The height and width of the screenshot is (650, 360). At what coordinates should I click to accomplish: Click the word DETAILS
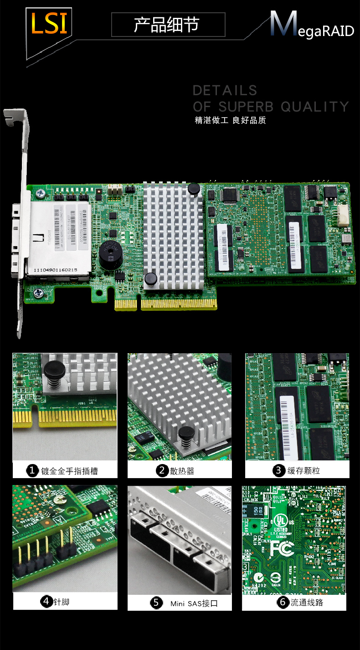point(225,90)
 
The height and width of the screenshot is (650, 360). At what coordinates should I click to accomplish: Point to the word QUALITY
point(314,107)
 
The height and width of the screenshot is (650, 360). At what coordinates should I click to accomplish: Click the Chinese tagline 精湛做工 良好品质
point(230,120)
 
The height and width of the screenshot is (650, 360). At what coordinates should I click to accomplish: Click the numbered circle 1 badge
point(32,470)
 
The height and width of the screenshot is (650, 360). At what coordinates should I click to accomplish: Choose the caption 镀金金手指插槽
point(69,471)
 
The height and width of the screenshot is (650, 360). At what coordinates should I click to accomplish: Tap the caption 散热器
point(182,471)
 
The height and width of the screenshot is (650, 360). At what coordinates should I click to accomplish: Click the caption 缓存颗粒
point(303,471)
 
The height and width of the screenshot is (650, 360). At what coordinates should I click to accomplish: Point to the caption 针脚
point(62,602)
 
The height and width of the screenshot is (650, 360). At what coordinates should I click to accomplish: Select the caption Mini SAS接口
point(194,604)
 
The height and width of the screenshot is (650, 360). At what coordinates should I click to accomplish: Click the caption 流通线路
point(307,603)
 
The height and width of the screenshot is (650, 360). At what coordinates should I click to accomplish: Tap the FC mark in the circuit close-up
point(281,548)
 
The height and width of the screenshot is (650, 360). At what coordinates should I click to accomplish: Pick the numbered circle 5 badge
point(156,603)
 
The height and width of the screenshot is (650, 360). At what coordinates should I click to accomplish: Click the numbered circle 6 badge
point(283,603)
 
